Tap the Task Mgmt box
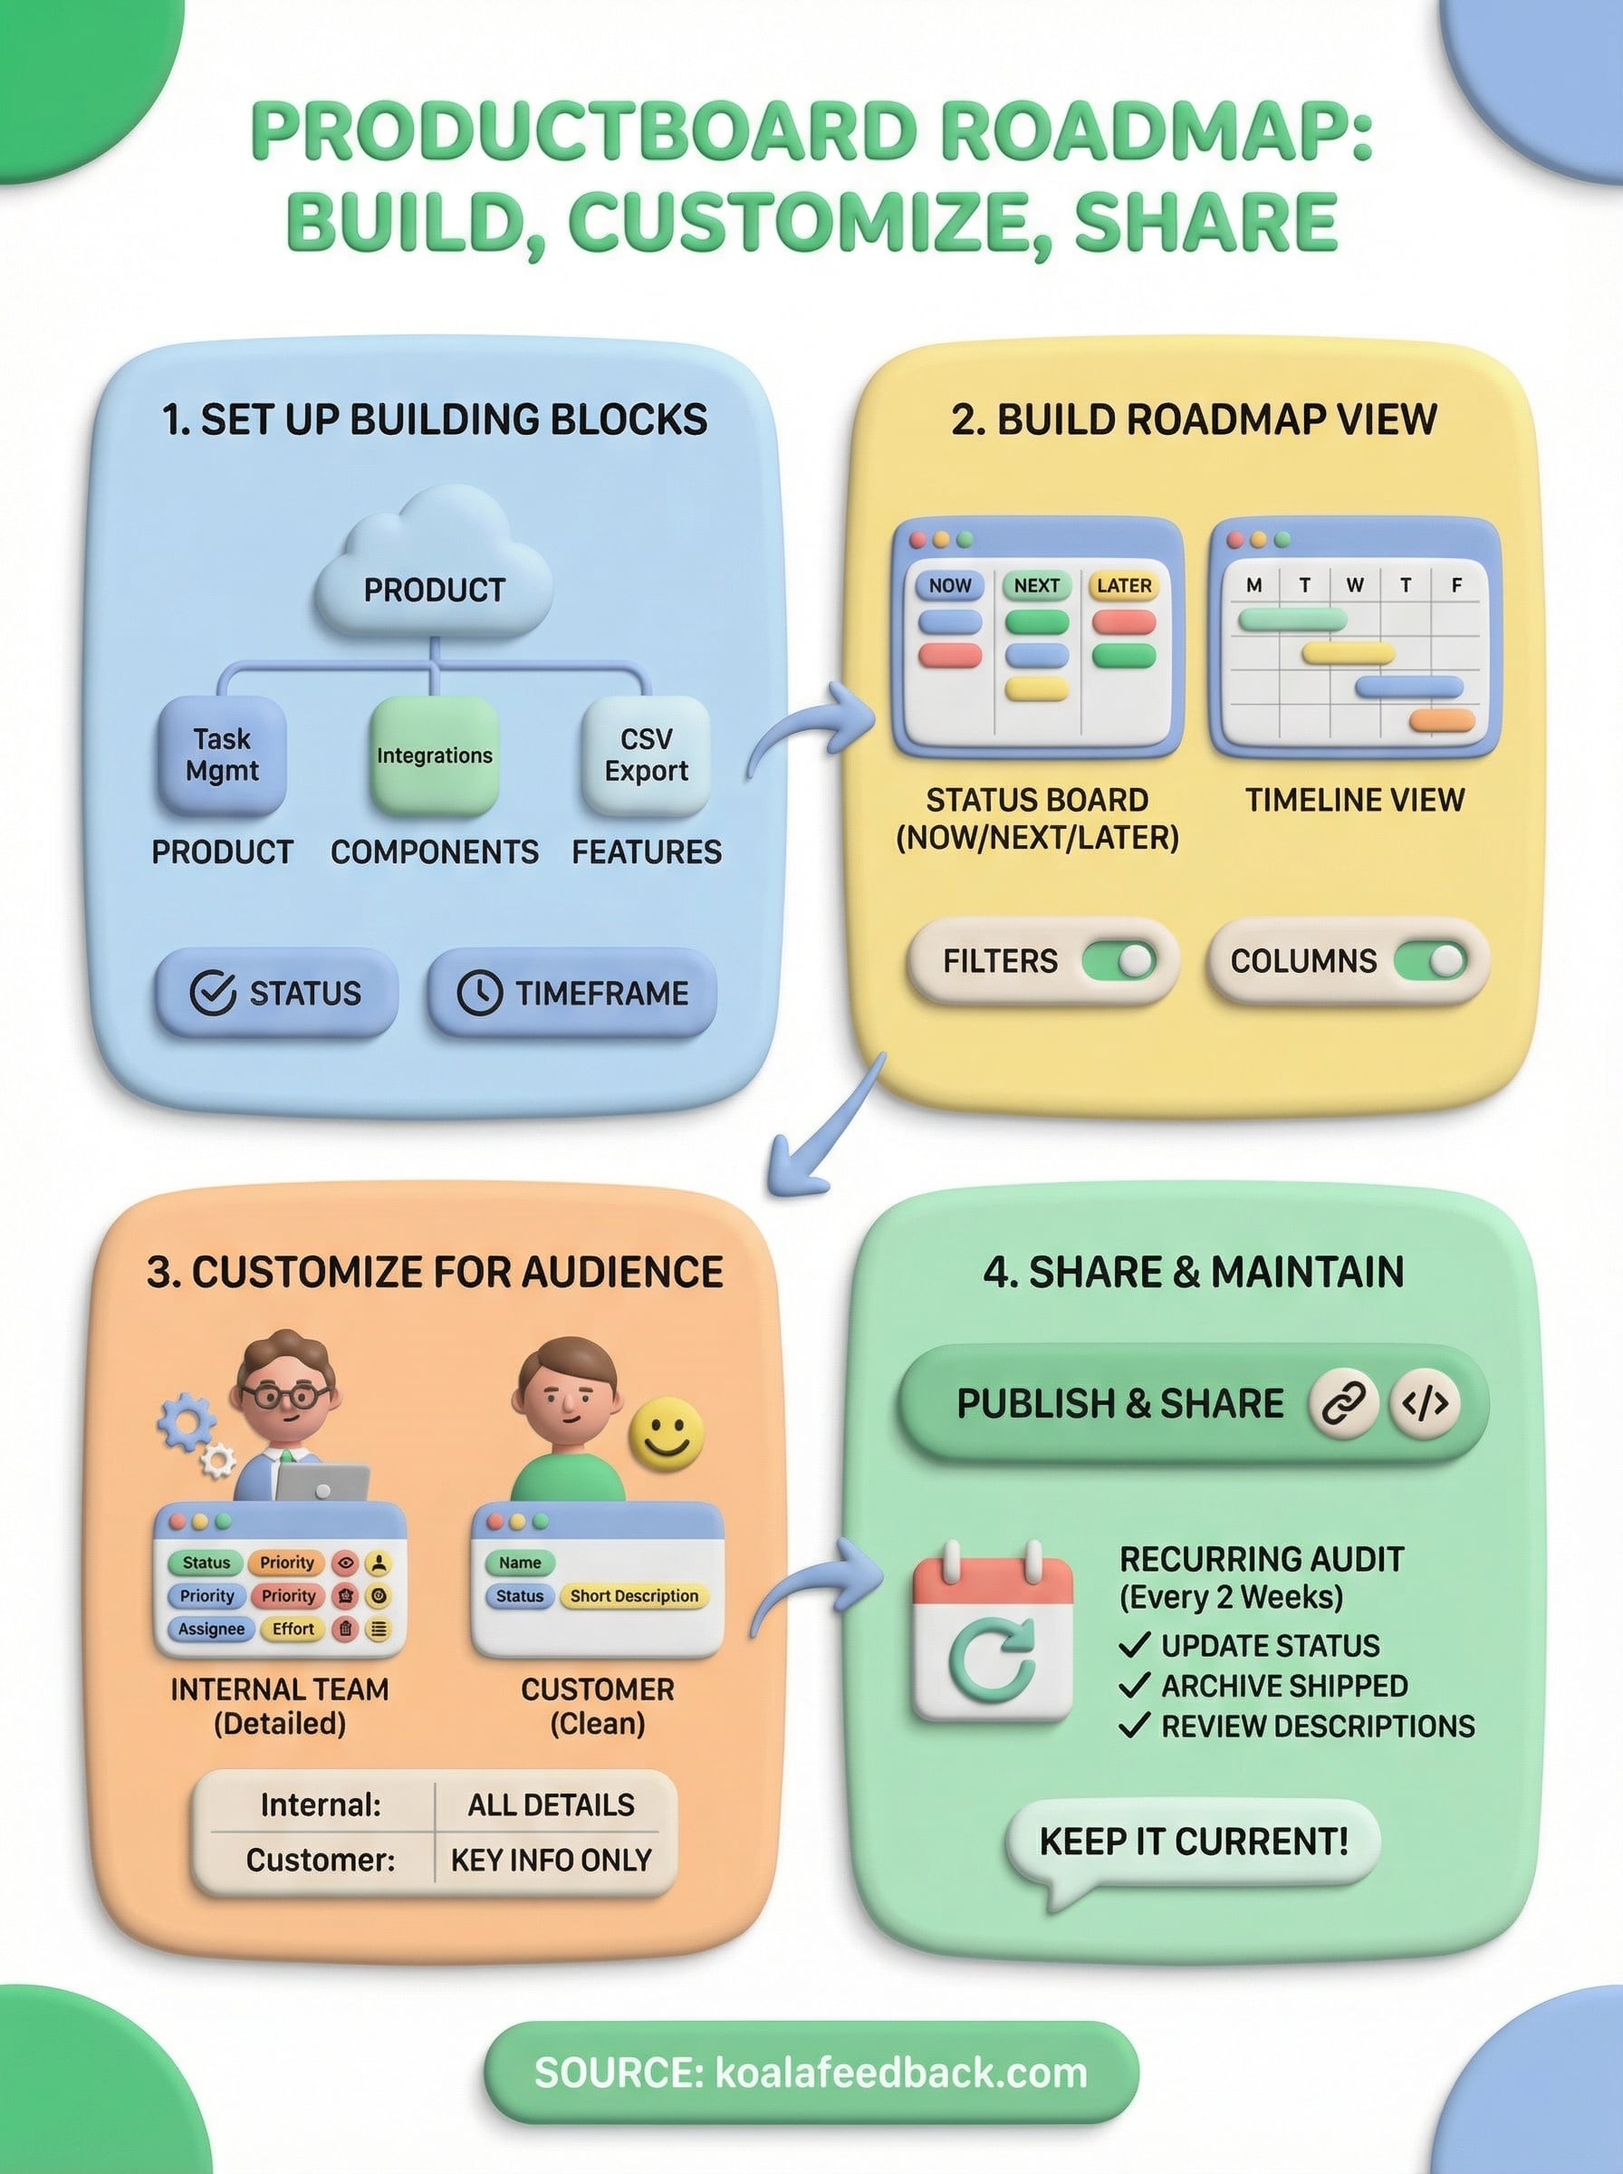222,755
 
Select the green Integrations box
434,755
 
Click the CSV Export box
646,755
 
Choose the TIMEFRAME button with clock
572,992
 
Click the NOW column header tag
949,585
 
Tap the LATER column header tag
1123,585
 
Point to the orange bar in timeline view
1441,720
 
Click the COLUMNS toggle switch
1429,960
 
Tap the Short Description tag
634,1595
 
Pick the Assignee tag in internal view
211,1629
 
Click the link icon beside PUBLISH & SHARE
1343,1403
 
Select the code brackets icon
1425,1403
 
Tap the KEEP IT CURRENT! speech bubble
1193,1841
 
